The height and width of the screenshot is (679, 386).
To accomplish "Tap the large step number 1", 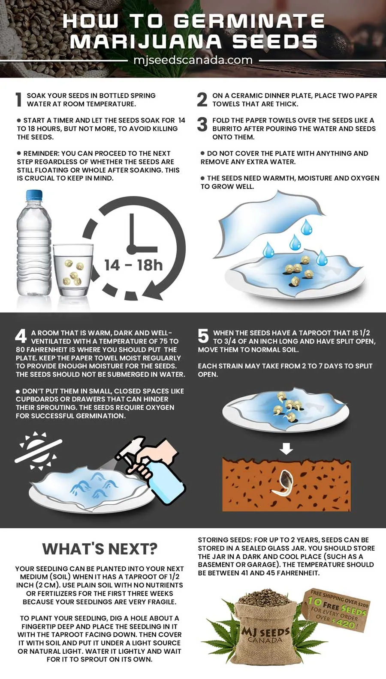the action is coord(19,100).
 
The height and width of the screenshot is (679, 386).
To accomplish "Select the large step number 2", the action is coord(202,100).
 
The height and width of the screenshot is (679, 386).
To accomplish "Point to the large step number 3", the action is coord(202,125).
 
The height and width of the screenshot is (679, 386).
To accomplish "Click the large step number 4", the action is coord(21,337).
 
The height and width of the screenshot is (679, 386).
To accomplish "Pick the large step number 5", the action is coord(203,337).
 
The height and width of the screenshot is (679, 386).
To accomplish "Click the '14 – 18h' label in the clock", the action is coord(134,265).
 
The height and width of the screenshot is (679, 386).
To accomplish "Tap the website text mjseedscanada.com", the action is coord(193,60).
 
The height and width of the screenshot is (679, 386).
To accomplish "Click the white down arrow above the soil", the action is coord(286,449).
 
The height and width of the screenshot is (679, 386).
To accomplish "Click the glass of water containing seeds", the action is coord(73,270).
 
